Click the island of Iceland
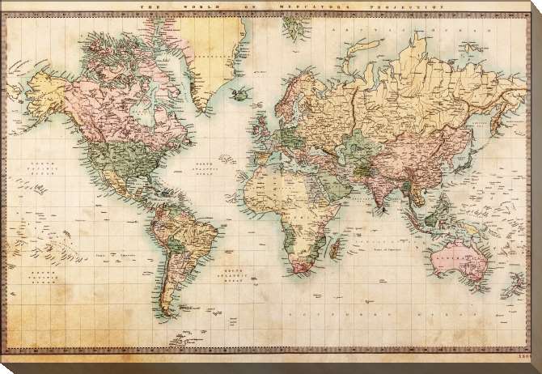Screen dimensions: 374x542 (x=240, y=94)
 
